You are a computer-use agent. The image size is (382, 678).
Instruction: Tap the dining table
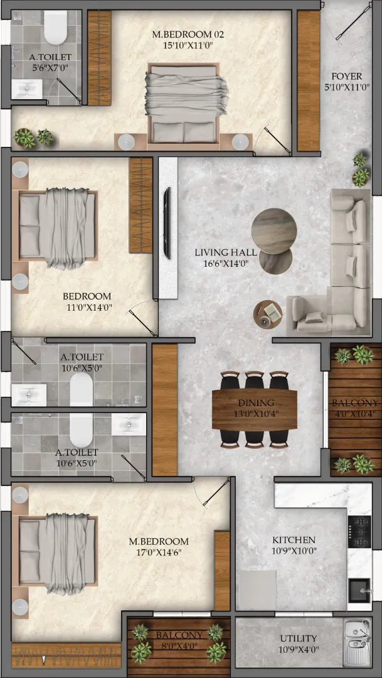pos(255,409)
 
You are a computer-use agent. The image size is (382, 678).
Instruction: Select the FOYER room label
pos(349,77)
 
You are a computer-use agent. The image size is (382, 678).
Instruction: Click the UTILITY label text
pos(298,638)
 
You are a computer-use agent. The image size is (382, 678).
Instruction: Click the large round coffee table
pos(274,229)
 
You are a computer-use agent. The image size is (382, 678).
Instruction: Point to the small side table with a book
pos(267,315)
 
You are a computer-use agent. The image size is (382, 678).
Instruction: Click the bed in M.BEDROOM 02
pos(184,103)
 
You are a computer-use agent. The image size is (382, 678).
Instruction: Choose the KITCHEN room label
pos(294,540)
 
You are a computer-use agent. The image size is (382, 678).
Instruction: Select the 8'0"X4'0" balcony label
pos(179,645)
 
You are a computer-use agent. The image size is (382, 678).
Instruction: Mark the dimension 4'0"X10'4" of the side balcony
pos(355,413)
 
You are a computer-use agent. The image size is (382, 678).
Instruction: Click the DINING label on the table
pos(255,402)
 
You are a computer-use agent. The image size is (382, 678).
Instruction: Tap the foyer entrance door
pos(354,21)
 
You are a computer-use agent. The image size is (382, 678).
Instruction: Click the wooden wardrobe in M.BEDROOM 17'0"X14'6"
pos(222,571)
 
